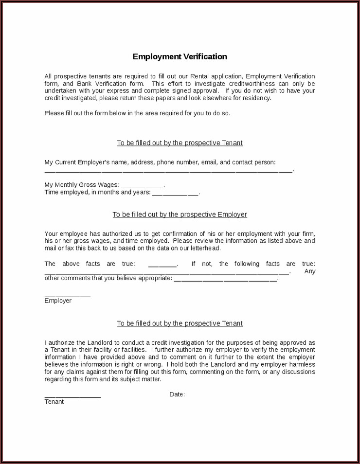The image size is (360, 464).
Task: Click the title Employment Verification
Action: [180, 56]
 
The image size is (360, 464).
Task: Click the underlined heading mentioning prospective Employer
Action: [180, 214]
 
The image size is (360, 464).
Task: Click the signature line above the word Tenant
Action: [72, 397]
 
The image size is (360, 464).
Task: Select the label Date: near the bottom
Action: [177, 394]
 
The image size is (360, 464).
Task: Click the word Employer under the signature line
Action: [58, 301]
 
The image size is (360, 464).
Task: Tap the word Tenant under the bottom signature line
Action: [54, 402]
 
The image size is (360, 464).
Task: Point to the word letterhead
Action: [206, 248]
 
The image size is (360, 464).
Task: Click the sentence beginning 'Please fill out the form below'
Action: [137, 113]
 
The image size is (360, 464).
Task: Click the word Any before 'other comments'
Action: [310, 271]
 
